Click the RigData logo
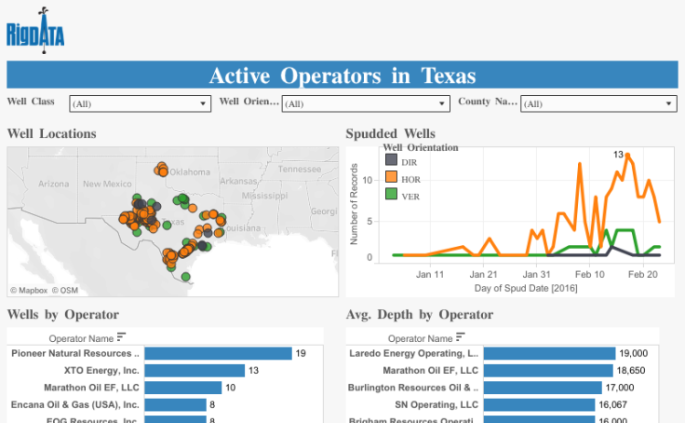(36, 32)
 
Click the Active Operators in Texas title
(342, 75)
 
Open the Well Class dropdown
(140, 104)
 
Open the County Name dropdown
(598, 104)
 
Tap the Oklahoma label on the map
(190, 171)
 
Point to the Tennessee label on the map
(300, 169)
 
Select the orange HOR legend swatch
(391, 176)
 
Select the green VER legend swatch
(391, 193)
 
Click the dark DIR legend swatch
(391, 160)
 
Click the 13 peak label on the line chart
(617, 154)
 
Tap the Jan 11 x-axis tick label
(430, 275)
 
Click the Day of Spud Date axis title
(514, 288)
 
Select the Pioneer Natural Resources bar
(218, 354)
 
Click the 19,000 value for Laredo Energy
(634, 354)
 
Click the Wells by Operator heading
(62, 315)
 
